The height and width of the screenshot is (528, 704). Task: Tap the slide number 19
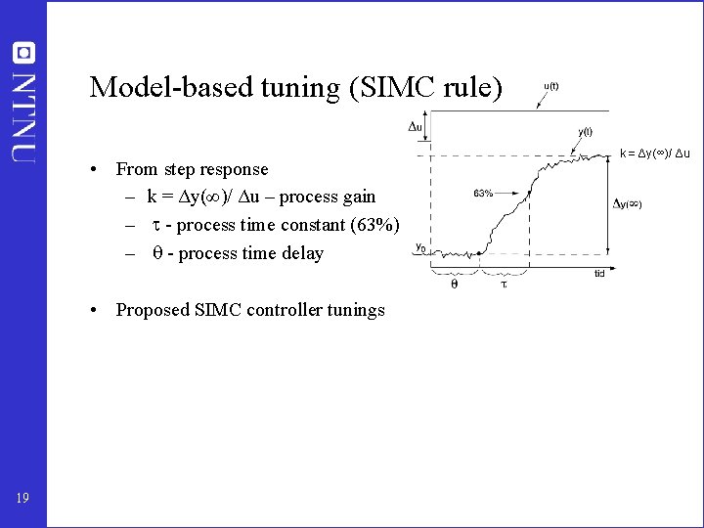22,500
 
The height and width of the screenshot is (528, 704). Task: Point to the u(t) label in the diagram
550,86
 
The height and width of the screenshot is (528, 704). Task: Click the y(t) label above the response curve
584,132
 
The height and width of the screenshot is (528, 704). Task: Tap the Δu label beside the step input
416,126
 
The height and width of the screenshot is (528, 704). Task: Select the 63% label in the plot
483,194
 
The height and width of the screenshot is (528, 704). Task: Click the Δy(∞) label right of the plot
627,204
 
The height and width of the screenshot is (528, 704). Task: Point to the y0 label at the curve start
419,247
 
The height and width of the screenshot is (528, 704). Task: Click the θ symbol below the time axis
454,285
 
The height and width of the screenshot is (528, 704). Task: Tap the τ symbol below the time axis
504,285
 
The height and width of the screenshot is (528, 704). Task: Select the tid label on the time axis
599,274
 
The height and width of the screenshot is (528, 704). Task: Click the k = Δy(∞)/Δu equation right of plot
655,154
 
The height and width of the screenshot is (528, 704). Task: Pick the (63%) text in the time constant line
372,225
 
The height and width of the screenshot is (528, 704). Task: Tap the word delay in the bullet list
300,253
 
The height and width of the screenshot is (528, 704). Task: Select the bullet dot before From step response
90,169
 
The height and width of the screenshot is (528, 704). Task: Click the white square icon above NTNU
24,53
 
